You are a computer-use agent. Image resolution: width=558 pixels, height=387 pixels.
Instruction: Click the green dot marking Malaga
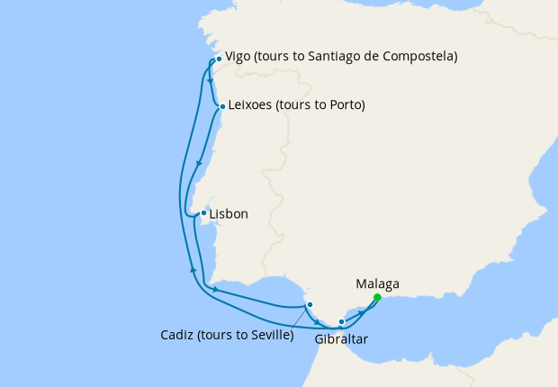pyautogui.click(x=377, y=297)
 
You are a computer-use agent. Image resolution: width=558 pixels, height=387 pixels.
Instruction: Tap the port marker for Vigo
pyautogui.click(x=219, y=59)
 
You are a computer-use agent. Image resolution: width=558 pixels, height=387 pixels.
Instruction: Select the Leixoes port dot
pyautogui.click(x=222, y=107)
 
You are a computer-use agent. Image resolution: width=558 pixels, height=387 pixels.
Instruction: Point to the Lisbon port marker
pyautogui.click(x=203, y=213)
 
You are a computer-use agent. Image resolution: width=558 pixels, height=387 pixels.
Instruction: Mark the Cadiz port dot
pyautogui.click(x=310, y=305)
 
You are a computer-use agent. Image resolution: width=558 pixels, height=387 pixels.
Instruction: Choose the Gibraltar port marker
pyautogui.click(x=341, y=321)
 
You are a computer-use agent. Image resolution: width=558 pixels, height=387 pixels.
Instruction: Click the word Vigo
pyautogui.click(x=238, y=56)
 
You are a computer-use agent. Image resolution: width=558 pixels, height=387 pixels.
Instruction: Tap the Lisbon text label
pyautogui.click(x=228, y=214)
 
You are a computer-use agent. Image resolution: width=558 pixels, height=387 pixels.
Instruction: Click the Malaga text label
pyautogui.click(x=378, y=283)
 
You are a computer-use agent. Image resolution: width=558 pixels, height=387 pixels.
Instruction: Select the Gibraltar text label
pyautogui.click(x=341, y=339)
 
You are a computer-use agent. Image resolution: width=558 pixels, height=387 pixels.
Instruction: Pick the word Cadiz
pyautogui.click(x=176, y=336)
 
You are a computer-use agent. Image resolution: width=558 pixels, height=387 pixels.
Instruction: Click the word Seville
pyautogui.click(x=269, y=336)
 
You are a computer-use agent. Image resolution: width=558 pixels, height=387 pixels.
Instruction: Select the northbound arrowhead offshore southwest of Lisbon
pyautogui.click(x=193, y=267)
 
